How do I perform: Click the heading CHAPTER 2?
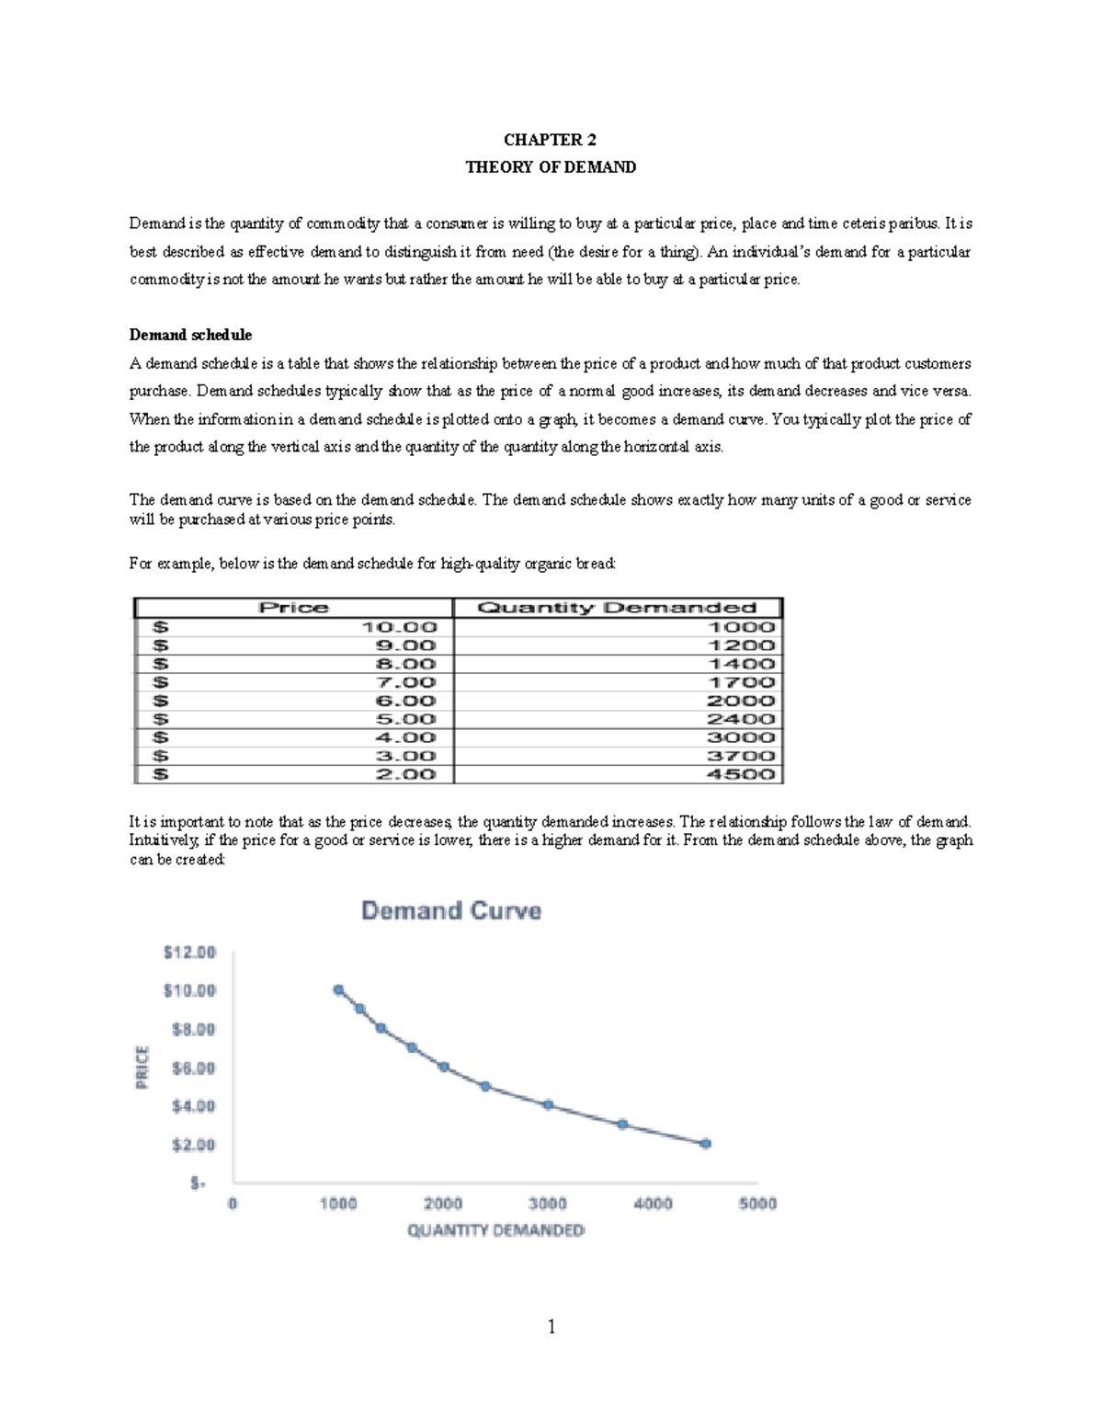pos(550,140)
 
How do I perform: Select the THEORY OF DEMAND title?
pos(550,167)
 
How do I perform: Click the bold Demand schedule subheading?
pos(190,335)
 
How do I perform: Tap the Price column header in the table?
pos(293,608)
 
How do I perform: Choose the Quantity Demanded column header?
pos(617,608)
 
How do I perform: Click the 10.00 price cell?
pos(399,627)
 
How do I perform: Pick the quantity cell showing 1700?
pos(741,682)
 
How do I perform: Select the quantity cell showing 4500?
pos(741,774)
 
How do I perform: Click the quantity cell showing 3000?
pos(741,737)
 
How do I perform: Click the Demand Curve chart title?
pos(451,911)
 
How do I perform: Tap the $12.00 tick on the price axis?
pos(189,953)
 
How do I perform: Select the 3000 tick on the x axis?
pos(548,1204)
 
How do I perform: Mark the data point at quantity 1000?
pos(338,990)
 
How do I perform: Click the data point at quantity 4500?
pos(705,1144)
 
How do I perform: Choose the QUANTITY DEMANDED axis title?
pos(495,1230)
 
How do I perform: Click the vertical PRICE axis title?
pos(142,1068)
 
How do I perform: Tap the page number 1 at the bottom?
pos(551,1327)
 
